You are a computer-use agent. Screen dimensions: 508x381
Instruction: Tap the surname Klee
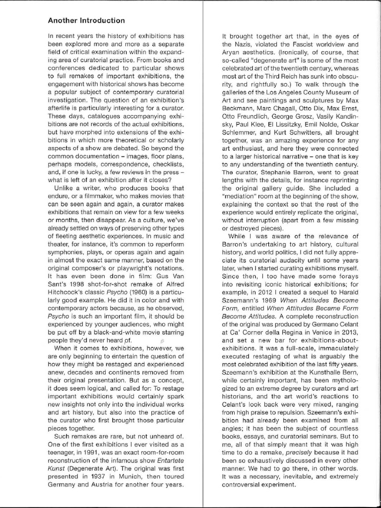pos(254,125)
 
